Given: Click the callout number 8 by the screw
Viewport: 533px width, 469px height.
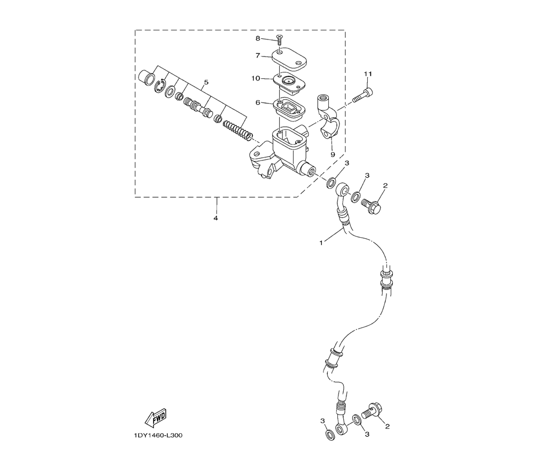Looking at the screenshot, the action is pos(257,38).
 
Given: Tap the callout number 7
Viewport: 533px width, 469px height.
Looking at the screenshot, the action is pos(257,55).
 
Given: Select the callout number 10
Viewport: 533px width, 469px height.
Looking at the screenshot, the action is pos(256,78).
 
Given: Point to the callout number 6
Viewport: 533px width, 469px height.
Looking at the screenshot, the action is pos(257,102).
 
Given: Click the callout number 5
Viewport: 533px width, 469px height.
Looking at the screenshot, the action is pos(206,83).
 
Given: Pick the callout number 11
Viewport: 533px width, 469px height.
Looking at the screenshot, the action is pos(368,74).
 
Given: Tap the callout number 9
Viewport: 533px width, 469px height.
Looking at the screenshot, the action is pos(333,155).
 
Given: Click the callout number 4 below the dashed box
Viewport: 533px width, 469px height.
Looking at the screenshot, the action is pos(215,218).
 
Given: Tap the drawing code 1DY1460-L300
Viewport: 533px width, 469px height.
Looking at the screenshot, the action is pos(156,435).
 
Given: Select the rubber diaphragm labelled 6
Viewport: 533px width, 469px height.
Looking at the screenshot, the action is pos(289,109).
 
